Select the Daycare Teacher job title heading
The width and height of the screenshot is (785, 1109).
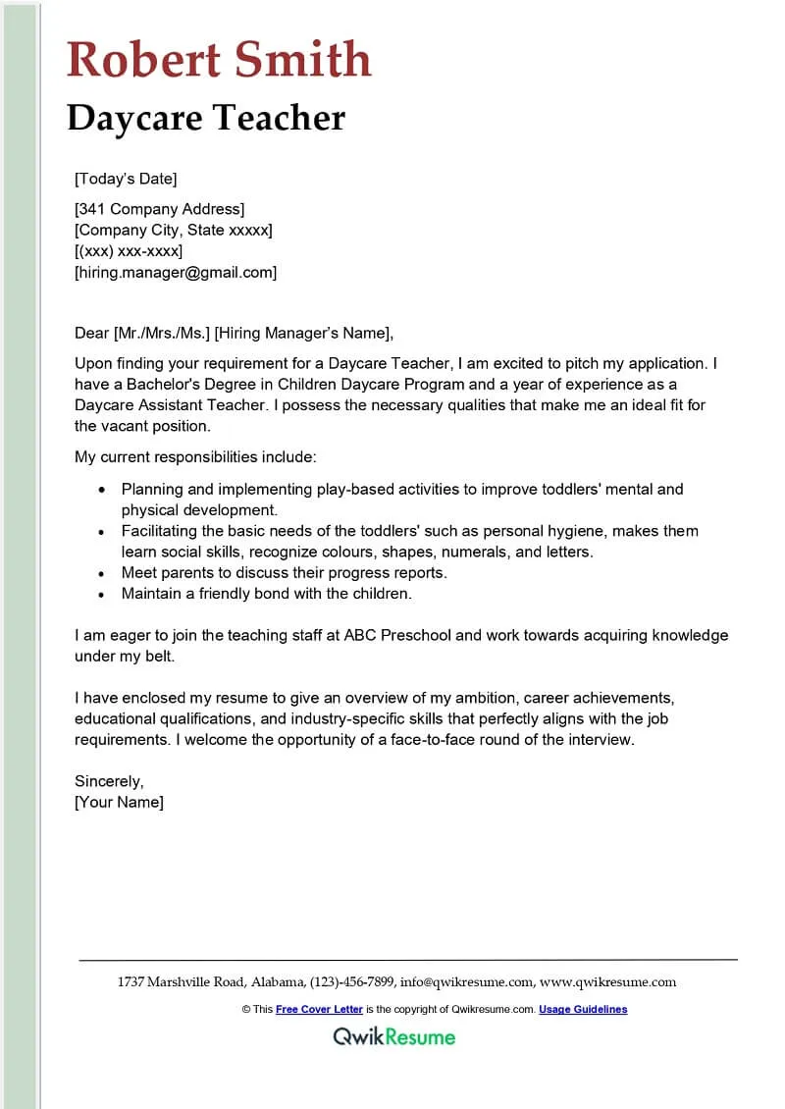click(x=206, y=119)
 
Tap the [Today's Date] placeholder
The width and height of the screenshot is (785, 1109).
click(x=126, y=179)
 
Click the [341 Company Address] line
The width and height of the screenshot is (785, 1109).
click(x=160, y=208)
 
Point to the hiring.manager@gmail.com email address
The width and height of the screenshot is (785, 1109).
click(x=177, y=272)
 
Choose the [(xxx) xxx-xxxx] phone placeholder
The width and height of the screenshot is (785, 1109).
click(x=129, y=251)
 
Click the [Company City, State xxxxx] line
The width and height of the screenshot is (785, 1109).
click(x=174, y=230)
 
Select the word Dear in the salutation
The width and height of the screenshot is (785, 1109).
click(x=91, y=332)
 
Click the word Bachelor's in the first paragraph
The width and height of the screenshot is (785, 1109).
click(x=161, y=384)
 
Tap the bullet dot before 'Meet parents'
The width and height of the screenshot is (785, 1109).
click(x=102, y=573)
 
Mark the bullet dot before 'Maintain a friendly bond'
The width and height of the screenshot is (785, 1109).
click(x=102, y=594)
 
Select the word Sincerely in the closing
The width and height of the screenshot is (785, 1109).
click(x=109, y=781)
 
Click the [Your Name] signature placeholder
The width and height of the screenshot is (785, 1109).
click(x=120, y=802)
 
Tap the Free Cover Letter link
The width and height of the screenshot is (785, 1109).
click(x=319, y=1009)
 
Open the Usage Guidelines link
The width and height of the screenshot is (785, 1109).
click(x=583, y=1009)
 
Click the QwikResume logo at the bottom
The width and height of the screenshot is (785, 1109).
click(x=393, y=1036)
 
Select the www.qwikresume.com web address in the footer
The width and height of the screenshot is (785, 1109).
click(x=607, y=981)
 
